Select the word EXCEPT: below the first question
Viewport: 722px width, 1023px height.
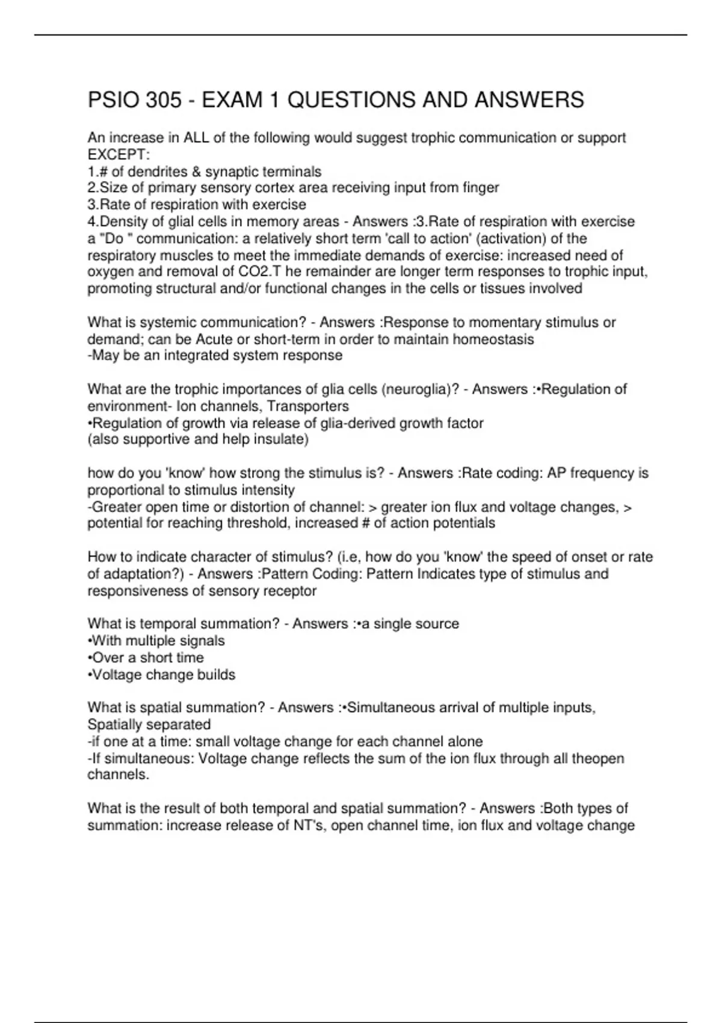(x=119, y=155)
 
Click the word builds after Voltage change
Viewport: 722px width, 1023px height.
(x=216, y=675)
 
